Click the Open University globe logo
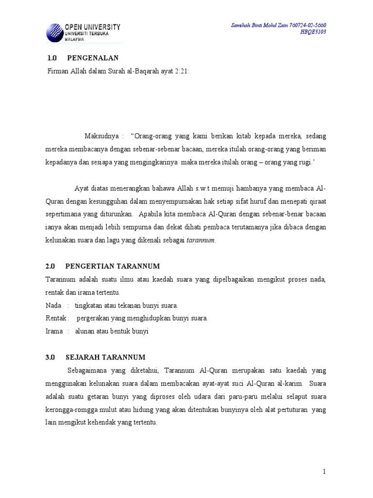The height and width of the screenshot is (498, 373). coord(55,33)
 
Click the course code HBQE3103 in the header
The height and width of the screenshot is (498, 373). coord(313,32)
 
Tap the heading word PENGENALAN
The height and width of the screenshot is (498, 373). coord(93,58)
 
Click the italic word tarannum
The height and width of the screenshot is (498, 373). coord(201,240)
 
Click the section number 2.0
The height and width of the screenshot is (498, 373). coord(51,266)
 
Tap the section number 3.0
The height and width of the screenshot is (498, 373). coord(51,357)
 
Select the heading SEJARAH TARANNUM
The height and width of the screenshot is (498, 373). coord(105,357)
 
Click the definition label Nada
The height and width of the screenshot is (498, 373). coord(54,305)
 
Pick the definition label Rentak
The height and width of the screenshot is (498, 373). coord(56,318)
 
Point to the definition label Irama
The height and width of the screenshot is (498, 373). coord(54,331)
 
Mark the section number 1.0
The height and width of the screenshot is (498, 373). coord(52,58)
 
